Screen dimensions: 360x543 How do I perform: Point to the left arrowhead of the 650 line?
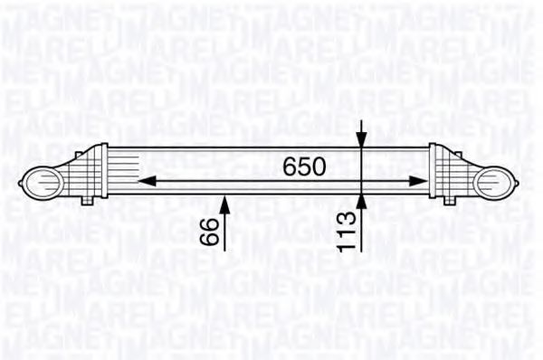[x=143, y=179]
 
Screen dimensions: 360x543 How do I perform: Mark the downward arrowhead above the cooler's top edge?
[x=362, y=142]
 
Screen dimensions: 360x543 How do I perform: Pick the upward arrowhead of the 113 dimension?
[x=362, y=198]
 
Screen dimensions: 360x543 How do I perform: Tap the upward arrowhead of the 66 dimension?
[x=225, y=198]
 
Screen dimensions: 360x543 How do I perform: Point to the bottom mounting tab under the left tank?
[x=87, y=201]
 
